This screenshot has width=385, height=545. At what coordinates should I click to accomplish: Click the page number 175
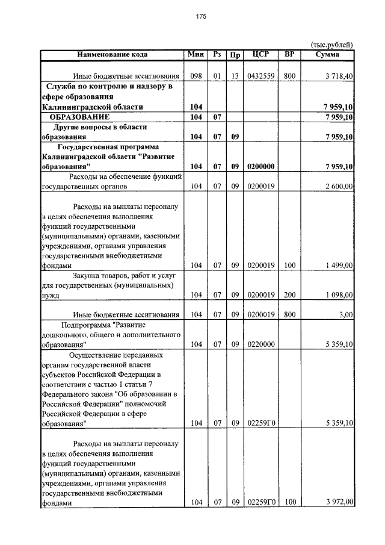(201, 17)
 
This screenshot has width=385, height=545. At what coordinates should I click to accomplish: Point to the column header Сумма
(328, 55)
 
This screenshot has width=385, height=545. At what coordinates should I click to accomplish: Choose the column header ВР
(289, 55)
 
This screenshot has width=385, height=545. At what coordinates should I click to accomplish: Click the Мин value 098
(195, 76)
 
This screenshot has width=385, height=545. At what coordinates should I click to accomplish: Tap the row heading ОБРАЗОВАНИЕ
(79, 116)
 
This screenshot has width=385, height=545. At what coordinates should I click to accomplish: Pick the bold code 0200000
(261, 166)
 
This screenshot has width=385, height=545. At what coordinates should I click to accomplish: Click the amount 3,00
(345, 314)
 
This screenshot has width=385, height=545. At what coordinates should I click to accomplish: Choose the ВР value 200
(289, 295)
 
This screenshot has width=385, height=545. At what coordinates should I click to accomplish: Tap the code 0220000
(261, 344)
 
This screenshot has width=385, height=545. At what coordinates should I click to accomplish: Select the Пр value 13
(235, 76)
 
